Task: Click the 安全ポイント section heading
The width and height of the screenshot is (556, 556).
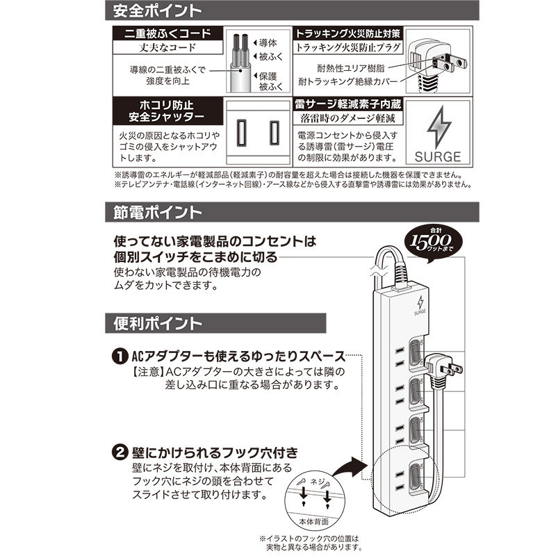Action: (x=158, y=10)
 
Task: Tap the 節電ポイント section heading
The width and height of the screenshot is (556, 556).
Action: (x=158, y=212)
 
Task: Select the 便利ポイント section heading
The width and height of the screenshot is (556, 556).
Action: (x=158, y=323)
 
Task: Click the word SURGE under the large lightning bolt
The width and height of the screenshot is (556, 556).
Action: (x=438, y=157)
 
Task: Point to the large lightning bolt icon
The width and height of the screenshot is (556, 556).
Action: (x=439, y=127)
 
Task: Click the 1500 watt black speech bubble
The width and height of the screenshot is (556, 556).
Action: (x=433, y=243)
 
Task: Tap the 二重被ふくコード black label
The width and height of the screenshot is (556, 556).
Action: (x=167, y=33)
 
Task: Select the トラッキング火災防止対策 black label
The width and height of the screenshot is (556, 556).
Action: (x=348, y=33)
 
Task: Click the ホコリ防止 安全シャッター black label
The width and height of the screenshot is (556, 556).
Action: (x=167, y=111)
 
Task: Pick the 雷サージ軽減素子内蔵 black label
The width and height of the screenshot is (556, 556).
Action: (x=348, y=104)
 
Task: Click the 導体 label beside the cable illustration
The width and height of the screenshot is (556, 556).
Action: (x=268, y=43)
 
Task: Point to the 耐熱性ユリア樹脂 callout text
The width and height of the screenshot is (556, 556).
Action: (x=351, y=68)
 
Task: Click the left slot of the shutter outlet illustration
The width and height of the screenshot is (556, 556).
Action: (x=241, y=133)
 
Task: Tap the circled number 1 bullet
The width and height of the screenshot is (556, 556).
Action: (x=120, y=356)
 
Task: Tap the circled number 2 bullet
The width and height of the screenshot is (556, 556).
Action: (x=120, y=452)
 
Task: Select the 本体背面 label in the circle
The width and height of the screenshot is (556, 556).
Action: (x=314, y=522)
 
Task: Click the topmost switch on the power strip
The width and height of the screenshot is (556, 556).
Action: (x=416, y=355)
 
